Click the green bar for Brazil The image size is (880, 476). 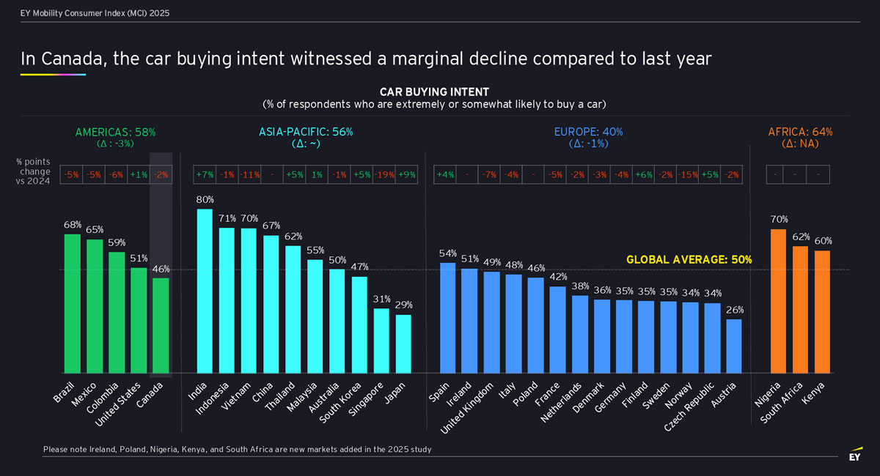pos(72,303)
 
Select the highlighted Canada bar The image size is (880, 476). pos(161,325)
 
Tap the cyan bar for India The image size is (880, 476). pos(205,291)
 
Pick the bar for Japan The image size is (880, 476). pos(403,343)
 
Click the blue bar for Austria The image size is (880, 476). pos(734,346)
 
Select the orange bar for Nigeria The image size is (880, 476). pos(778,301)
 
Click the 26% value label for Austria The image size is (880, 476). pos(734,310)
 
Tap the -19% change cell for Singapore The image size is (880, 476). pos(382,175)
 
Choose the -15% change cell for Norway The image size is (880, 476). pos(688,175)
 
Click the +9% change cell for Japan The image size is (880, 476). pos(405,175)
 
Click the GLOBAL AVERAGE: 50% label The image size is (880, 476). pos(689,260)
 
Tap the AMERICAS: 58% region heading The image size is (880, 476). pos(115,132)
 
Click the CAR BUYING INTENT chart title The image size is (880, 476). pos(434,92)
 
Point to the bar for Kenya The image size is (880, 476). pos(822,312)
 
